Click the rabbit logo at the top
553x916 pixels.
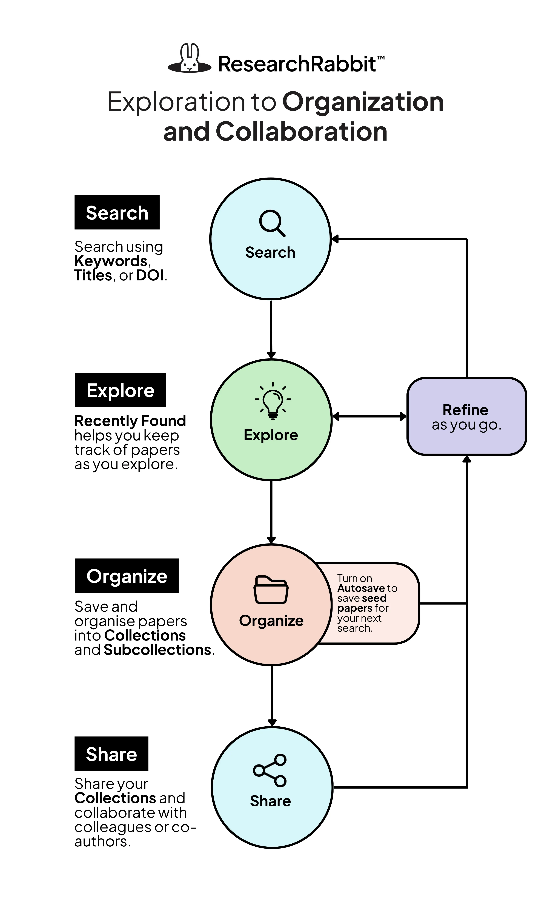[190, 59]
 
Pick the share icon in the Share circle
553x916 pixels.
[270, 770]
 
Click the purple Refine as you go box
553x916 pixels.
[466, 416]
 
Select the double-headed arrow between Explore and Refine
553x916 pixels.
[369, 416]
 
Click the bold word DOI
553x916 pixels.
[150, 275]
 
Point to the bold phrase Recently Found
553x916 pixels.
[130, 421]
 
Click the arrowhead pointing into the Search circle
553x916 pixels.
[335, 239]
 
